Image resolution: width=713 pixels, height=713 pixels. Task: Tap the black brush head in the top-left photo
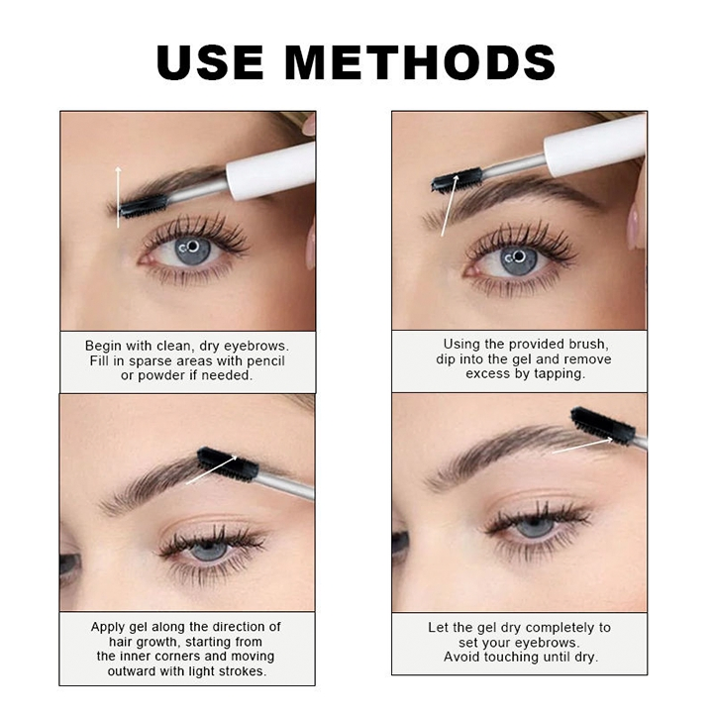point(145,205)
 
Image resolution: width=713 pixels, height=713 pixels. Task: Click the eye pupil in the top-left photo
point(192,247)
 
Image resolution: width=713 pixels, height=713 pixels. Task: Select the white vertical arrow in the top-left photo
point(118,198)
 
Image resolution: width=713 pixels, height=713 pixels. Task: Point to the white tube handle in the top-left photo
point(269,171)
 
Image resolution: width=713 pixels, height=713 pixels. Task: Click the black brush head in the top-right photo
point(458,179)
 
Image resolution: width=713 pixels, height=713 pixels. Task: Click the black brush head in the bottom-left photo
point(227,463)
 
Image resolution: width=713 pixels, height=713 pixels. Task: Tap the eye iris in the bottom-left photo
point(211,550)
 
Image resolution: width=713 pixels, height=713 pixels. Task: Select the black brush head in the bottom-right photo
point(602,425)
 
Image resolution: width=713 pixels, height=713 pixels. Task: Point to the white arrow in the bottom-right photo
point(582,445)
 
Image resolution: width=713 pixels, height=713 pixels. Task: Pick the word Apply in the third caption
point(109,627)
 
